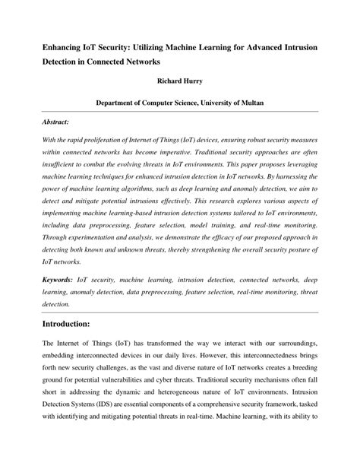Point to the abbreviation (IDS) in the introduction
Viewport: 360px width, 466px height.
click(x=99, y=397)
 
